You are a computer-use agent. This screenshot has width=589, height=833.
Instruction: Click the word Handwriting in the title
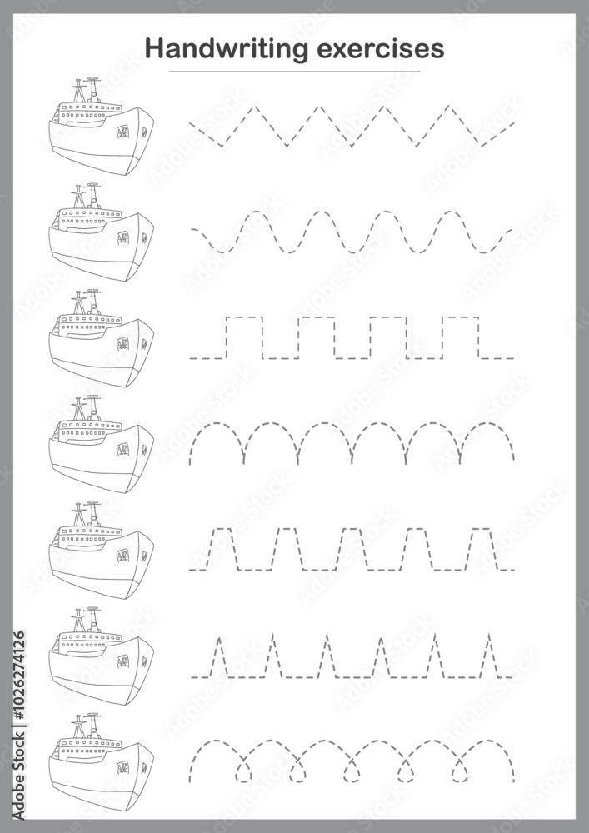click(x=227, y=50)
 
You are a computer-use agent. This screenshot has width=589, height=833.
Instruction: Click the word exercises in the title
click(x=380, y=49)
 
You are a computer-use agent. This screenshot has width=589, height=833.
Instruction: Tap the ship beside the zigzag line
click(x=101, y=126)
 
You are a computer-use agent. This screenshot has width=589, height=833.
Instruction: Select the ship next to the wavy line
click(x=101, y=232)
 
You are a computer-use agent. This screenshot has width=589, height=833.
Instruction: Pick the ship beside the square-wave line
click(x=101, y=338)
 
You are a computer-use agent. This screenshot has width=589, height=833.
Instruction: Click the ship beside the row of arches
click(x=101, y=444)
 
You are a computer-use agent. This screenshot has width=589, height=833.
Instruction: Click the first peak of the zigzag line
click(x=256, y=107)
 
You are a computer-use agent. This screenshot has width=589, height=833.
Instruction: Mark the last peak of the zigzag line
click(x=449, y=107)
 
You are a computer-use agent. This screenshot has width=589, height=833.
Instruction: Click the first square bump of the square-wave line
click(x=244, y=317)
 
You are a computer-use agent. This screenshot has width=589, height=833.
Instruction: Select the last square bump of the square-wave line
click(x=461, y=317)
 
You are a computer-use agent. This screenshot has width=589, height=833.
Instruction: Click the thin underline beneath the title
click(x=294, y=71)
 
